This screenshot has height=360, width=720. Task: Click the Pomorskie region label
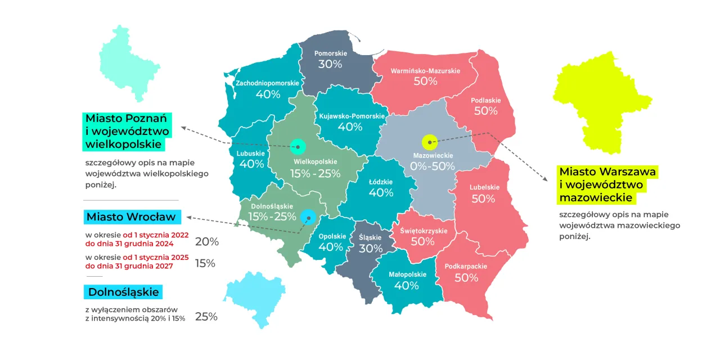click(330, 53)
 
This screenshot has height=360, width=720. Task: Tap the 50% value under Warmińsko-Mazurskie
click(425, 81)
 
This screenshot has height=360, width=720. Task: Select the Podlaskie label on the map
click(485, 100)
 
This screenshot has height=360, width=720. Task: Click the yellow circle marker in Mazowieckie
click(430, 142)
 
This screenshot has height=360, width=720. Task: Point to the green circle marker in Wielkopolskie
click(297, 147)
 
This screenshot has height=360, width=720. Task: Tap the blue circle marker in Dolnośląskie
click(308, 217)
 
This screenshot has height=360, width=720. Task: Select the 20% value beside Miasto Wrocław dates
click(206, 242)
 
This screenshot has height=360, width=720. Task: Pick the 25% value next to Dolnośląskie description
click(206, 317)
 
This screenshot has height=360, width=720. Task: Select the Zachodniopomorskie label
click(267, 83)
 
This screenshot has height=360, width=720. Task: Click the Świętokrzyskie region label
click(424, 231)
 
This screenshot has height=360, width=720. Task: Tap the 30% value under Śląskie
click(370, 249)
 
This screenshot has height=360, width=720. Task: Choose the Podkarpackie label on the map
click(466, 266)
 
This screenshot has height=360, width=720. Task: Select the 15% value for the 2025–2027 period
click(205, 263)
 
